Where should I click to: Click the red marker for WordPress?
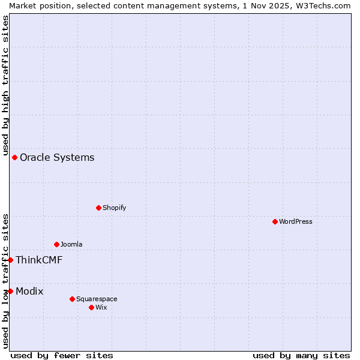[x=275, y=221]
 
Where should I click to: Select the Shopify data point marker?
[x=98, y=208]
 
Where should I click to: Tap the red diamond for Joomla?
[x=56, y=244]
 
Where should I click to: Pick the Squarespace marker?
[x=72, y=299]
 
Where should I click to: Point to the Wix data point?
[x=91, y=307]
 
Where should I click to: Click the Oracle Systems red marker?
[x=14, y=157]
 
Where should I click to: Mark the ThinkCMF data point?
[x=10, y=260]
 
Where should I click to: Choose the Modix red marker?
[x=10, y=291]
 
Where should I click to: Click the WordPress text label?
[x=296, y=221]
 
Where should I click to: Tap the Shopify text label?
[x=114, y=208]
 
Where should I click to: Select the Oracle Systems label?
[x=57, y=157]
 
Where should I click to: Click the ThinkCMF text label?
[x=39, y=260]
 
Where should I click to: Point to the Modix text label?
[x=29, y=291]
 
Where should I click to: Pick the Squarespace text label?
[x=97, y=299]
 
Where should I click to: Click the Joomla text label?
[x=71, y=244]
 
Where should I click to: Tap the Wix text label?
[x=101, y=307]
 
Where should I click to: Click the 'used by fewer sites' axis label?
[x=62, y=355]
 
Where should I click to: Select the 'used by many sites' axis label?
[x=301, y=355]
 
